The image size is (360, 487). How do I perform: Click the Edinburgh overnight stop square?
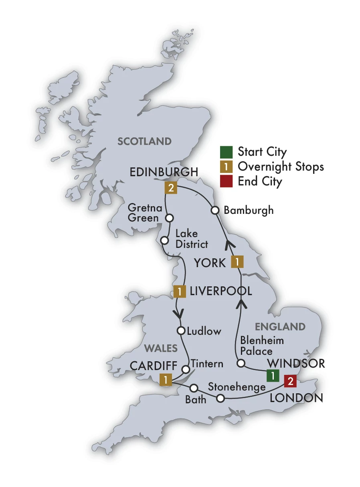(x=171, y=188)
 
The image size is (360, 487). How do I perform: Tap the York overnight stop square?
(x=237, y=262)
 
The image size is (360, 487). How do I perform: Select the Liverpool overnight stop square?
(x=180, y=291)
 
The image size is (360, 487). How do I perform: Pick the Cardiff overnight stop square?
(x=166, y=379)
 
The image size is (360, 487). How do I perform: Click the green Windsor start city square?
(x=273, y=376)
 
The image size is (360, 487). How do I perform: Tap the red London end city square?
(x=290, y=381)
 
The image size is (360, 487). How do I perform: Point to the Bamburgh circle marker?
(x=215, y=210)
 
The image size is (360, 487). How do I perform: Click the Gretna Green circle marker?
(x=170, y=218)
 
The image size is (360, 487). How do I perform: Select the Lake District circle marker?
(x=164, y=240)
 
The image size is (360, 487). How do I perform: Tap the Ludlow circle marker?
(x=181, y=331)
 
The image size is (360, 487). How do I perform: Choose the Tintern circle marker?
(x=186, y=369)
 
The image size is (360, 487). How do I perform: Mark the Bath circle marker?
(x=194, y=388)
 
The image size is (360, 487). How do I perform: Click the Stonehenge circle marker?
(x=220, y=398)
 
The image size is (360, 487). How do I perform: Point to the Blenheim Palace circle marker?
(x=241, y=363)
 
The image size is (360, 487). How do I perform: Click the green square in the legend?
(x=226, y=152)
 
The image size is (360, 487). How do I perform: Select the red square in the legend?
(x=226, y=181)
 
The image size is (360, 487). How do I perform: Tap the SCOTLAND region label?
(x=144, y=141)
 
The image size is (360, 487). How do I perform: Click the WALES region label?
(x=161, y=348)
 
